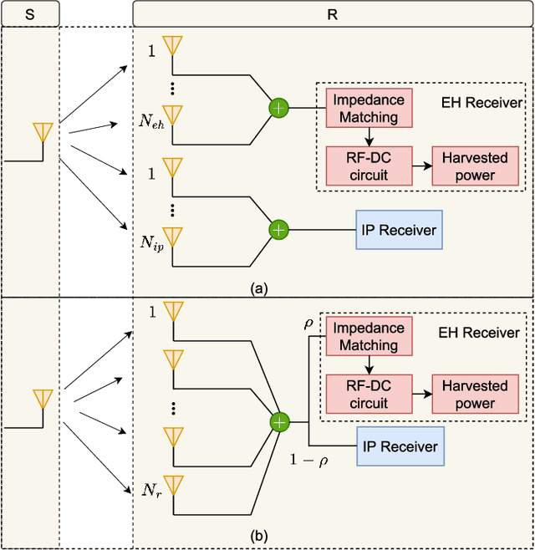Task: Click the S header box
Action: [x=29, y=13]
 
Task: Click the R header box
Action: [x=332, y=13]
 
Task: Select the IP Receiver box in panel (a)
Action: [x=397, y=228]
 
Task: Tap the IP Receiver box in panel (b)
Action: [x=397, y=446]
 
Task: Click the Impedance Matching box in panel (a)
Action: [x=368, y=108]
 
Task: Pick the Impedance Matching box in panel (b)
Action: [x=368, y=335]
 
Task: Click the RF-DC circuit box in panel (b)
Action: [x=368, y=394]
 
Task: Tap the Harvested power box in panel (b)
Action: [x=474, y=394]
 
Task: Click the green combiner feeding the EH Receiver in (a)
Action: [x=278, y=108]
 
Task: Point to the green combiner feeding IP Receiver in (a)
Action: [x=278, y=228]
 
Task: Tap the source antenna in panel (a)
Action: [x=43, y=133]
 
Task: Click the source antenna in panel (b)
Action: [x=43, y=399]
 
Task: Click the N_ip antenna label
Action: [x=151, y=242]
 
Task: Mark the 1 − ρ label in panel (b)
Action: [x=308, y=460]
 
